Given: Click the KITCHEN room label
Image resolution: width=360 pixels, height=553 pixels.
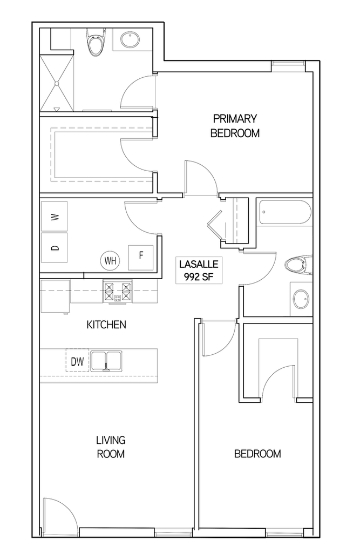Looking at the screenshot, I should pyautogui.click(x=107, y=325).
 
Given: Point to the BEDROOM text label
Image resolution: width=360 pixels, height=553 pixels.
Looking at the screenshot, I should pyautogui.click(x=257, y=454).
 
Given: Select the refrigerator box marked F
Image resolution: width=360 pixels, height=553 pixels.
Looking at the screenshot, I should pyautogui.click(x=141, y=255).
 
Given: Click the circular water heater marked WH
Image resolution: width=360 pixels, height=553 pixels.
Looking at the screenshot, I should pyautogui.click(x=111, y=260).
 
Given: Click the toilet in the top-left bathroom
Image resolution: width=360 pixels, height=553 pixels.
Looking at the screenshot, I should pyautogui.click(x=96, y=43).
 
